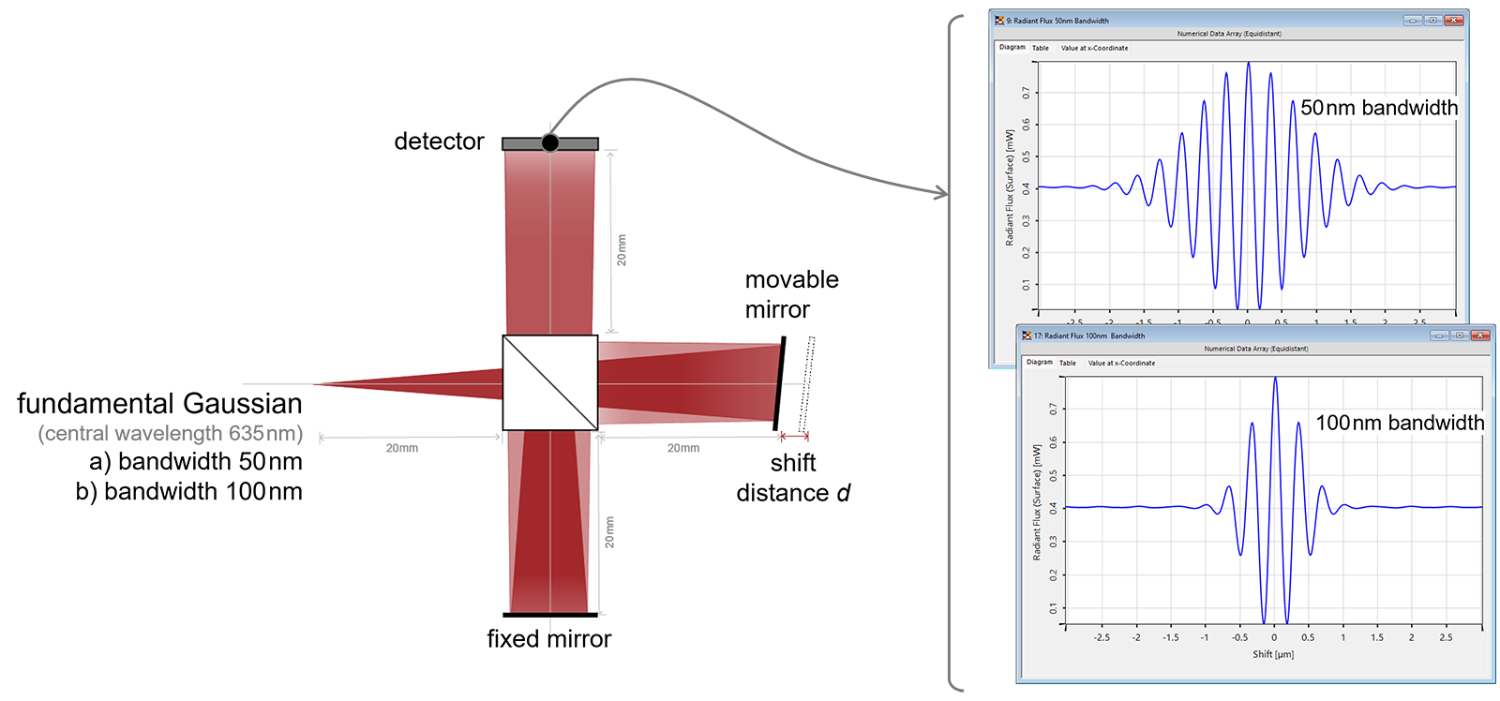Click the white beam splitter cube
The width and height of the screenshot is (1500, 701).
point(550,382)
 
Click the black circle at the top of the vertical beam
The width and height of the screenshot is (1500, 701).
point(550,142)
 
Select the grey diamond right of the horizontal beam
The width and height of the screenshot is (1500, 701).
point(793,383)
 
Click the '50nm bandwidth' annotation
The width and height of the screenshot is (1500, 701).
point(1378,108)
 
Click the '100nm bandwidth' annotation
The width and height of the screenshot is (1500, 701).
point(1399,423)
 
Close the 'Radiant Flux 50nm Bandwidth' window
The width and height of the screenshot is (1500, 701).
point(1453,20)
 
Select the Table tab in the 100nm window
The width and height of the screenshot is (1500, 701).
point(1068,363)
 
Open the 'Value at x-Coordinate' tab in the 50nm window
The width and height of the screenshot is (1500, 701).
point(1094,48)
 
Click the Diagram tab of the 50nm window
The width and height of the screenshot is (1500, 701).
point(1012,47)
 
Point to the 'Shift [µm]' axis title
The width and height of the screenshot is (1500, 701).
point(1273,654)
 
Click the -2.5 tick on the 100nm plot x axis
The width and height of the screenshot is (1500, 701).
point(1102,637)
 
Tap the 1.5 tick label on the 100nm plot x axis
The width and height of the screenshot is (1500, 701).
point(1377,637)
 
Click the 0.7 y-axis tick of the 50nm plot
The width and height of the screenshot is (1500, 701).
point(1027,93)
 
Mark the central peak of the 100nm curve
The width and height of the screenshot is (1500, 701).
point(1275,379)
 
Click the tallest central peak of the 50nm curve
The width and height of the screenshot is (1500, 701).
point(1248,64)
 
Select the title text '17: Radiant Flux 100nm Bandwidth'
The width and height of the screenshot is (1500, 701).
point(1088,336)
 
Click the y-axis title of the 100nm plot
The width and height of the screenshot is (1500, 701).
point(1037,502)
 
